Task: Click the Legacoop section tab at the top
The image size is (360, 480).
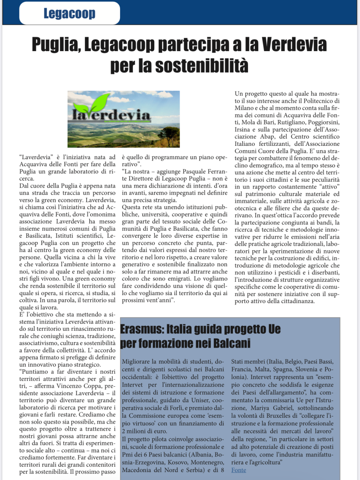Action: click(69, 14)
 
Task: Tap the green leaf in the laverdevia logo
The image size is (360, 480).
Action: click(92, 104)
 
